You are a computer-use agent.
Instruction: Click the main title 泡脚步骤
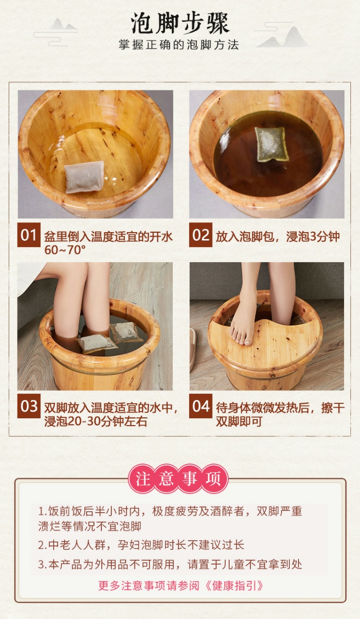point(180,23)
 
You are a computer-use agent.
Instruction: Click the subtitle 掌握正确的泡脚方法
point(179,45)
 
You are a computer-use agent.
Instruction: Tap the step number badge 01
point(29,236)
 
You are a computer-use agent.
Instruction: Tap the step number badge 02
point(200,236)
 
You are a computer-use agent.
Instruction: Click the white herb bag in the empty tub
point(84,177)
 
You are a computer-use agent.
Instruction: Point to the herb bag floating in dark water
point(271,144)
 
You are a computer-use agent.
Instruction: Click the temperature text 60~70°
point(65,250)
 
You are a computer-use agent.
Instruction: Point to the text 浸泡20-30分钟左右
point(95,421)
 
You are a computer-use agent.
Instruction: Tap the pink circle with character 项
point(213,479)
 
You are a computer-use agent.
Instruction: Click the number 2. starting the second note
point(42,545)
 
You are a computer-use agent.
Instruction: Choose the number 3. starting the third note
point(42,564)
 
